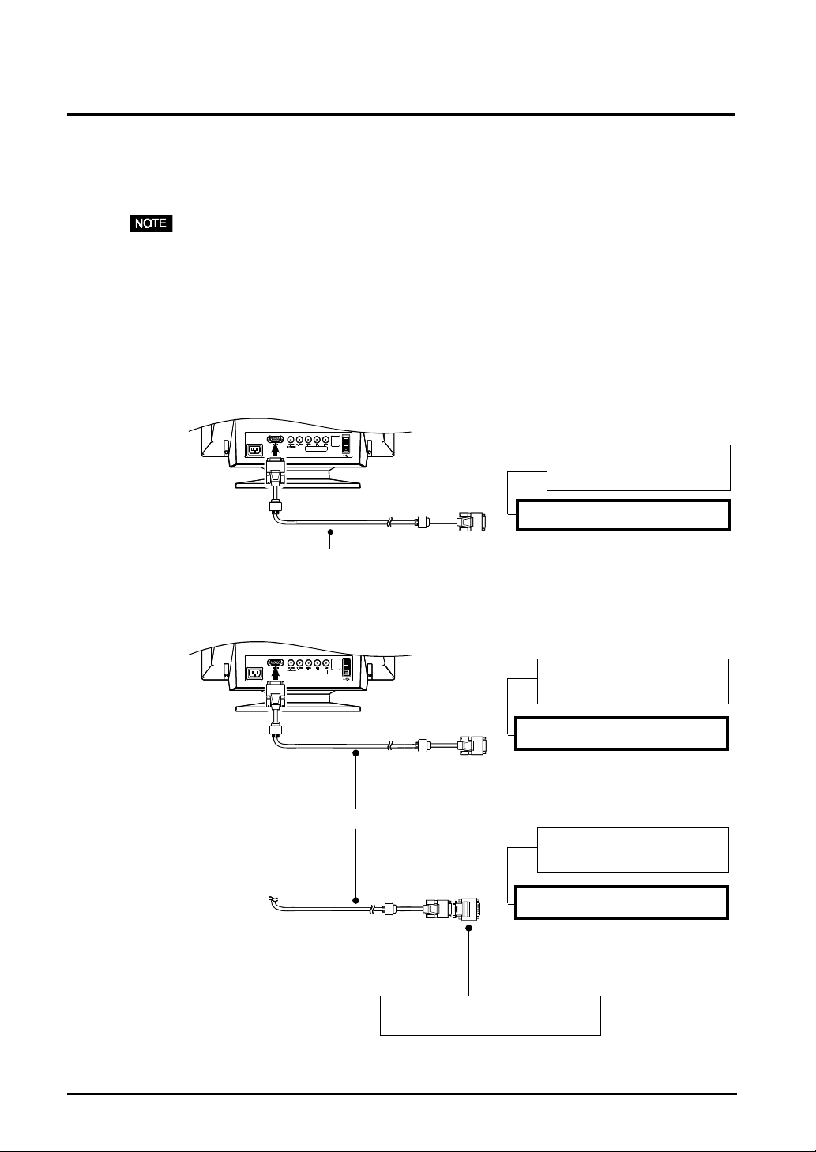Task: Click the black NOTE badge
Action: (151, 223)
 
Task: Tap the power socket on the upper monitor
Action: (255, 450)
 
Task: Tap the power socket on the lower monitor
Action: (255, 673)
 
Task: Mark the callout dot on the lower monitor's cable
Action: (356, 754)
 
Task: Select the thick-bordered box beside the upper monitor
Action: (622, 515)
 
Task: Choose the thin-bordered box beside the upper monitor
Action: (638, 467)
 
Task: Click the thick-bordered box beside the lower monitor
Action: (621, 733)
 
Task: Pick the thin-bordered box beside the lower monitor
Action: (633, 681)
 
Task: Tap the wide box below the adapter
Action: (491, 1015)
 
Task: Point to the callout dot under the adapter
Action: (469, 929)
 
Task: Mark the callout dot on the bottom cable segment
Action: (356, 899)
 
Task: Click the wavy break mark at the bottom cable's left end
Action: (273, 898)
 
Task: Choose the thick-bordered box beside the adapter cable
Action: (621, 902)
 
